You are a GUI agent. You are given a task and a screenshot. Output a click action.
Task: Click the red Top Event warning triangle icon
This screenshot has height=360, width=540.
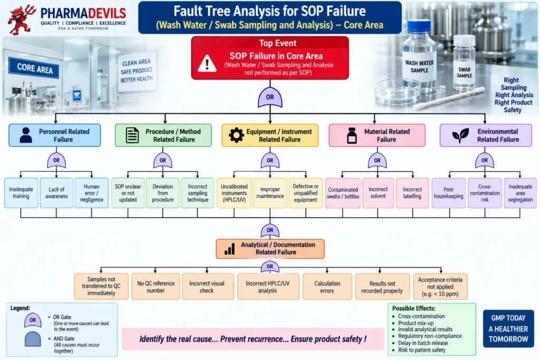tap(207, 63)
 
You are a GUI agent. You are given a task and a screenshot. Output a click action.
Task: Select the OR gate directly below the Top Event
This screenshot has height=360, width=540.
tap(270, 97)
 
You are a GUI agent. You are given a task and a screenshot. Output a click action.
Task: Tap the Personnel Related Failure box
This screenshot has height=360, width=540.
tap(55, 135)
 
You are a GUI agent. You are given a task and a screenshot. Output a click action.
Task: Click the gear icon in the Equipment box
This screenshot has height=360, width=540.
tap(236, 135)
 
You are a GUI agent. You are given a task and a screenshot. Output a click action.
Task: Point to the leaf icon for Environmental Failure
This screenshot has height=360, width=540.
tap(460, 135)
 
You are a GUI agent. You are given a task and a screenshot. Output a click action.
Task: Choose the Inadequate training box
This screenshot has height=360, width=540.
tap(21, 193)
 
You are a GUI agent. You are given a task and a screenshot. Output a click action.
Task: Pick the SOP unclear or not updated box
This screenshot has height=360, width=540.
tap(128, 193)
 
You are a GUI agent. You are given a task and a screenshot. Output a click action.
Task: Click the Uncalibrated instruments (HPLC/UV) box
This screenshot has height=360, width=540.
tap(234, 193)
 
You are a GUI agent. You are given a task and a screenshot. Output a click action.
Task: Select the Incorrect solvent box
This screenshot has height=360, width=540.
tap(378, 193)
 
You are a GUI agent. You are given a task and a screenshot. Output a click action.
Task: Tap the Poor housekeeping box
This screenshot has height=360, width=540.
tap(448, 193)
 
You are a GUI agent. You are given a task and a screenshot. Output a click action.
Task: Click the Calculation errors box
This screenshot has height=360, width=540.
tap(327, 287)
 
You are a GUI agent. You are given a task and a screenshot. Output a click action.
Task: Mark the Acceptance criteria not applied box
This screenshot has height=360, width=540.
tap(440, 287)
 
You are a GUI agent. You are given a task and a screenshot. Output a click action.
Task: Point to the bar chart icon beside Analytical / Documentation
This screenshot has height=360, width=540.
tap(229, 249)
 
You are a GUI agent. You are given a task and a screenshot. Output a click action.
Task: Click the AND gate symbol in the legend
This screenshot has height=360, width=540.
tap(33, 339)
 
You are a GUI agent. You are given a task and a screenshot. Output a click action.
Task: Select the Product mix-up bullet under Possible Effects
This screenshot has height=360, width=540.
tap(416, 323)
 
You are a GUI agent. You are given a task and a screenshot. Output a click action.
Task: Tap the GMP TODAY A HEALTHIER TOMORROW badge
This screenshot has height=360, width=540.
tap(508, 328)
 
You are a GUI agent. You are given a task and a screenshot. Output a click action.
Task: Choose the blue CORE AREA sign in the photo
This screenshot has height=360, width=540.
tap(34, 68)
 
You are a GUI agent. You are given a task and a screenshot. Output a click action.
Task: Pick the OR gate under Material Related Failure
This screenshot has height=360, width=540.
tap(377, 160)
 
